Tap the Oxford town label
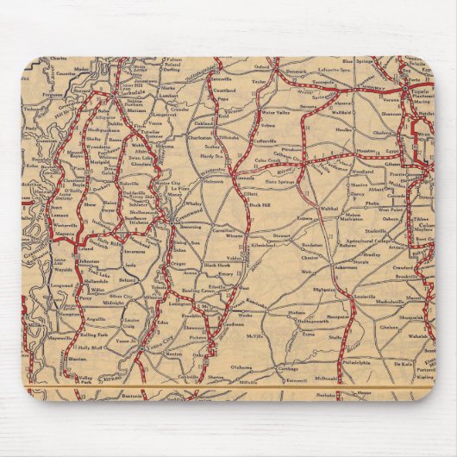point(285,66)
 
